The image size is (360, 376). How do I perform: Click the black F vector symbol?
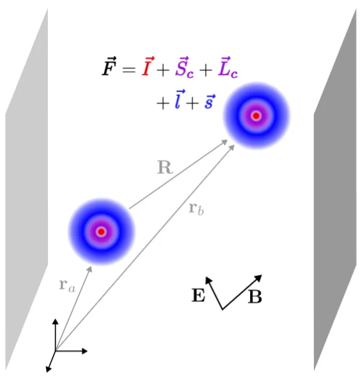click(x=109, y=67)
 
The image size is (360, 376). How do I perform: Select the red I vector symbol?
click(x=148, y=67)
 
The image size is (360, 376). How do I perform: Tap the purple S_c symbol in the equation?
click(x=184, y=68)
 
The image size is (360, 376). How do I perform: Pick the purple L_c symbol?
click(x=228, y=68)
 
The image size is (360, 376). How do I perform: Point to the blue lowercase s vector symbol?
click(x=210, y=102)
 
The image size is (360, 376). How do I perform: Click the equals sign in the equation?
click(x=129, y=70)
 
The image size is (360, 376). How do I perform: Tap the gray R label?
click(x=165, y=168)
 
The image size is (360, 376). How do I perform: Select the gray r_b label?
click(x=196, y=209)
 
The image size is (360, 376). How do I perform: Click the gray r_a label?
click(x=67, y=286)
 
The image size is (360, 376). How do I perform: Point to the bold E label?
click(x=198, y=295)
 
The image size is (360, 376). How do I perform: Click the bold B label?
click(x=255, y=297)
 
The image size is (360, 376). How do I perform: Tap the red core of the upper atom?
click(x=256, y=116)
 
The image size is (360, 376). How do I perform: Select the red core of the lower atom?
click(x=101, y=232)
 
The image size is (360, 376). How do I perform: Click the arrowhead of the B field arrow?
click(x=258, y=278)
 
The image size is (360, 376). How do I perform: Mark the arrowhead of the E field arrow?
click(x=208, y=280)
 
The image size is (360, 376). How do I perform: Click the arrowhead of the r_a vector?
click(x=90, y=269)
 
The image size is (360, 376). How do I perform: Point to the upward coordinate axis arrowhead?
click(x=56, y=322)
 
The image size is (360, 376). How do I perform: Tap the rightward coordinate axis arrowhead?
click(x=84, y=351)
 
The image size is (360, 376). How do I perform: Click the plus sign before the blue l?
click(x=163, y=104)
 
